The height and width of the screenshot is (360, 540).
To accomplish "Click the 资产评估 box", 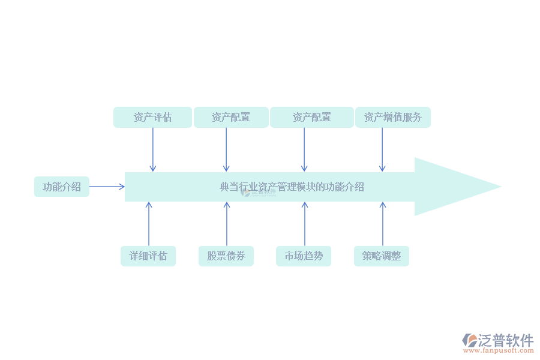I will coord(152,117).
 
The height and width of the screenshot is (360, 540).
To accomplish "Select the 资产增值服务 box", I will coord(392,117).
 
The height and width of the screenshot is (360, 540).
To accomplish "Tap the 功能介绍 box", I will coord(61,187).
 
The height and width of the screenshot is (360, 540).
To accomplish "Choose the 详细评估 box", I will coord(148,256).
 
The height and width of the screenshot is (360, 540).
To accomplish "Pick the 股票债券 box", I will coord(226,256).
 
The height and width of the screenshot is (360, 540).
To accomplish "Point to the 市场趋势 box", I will coord(303,256).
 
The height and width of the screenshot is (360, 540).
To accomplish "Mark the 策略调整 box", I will coord(381,256).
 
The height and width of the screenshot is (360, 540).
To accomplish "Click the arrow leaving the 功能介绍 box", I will coord(107,187).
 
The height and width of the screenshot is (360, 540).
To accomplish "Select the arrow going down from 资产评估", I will coord(152,149).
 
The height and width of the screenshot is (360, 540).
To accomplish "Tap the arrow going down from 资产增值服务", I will coord(382,149).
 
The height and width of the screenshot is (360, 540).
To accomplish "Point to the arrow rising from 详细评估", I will coord(149,224).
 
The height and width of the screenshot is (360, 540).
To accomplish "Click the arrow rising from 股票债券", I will coord(227,224).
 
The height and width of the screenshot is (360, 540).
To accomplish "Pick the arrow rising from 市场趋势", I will coord(304,224).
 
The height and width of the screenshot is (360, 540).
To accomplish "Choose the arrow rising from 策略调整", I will coord(382,224).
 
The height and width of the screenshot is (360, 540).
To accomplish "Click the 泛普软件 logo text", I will coord(506,340).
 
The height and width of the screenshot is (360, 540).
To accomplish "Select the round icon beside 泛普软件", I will coord(470,341).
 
